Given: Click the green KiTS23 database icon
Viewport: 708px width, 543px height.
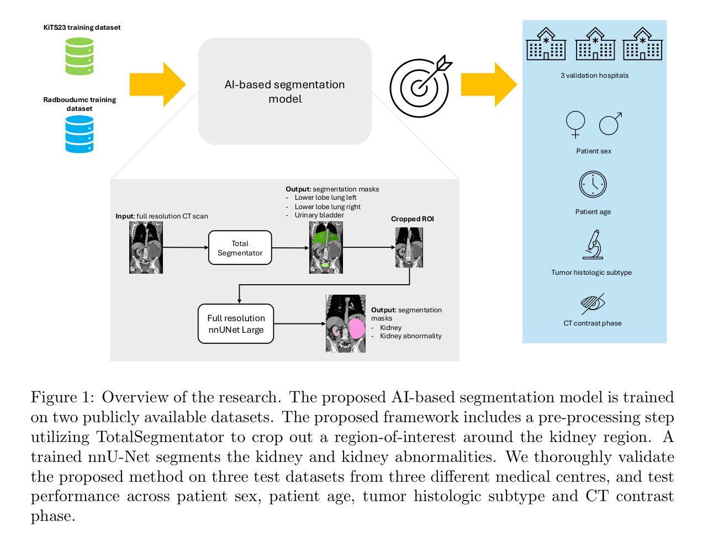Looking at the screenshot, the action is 79,56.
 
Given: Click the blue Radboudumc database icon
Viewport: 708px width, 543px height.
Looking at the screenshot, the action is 79,134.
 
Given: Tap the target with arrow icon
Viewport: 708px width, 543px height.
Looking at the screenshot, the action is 420,86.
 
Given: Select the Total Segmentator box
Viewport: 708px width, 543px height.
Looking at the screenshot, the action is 240,248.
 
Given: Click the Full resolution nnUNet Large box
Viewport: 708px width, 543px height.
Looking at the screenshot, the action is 236,323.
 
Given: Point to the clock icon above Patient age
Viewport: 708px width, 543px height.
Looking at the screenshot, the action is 593,184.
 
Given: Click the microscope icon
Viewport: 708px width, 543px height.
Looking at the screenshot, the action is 593,244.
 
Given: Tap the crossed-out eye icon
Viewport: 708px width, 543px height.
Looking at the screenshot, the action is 593,304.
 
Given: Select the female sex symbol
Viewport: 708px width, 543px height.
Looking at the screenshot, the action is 575,125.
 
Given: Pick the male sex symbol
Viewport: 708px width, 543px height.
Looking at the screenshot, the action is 610,124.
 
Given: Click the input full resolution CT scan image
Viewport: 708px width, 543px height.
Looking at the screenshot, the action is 146,247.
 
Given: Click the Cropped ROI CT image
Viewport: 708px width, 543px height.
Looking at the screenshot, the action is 409,247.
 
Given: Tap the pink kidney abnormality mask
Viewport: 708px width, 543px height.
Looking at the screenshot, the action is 356,329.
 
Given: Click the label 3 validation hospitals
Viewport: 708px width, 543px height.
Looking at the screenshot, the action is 595,76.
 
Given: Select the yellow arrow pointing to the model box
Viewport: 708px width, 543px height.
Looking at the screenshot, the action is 158,84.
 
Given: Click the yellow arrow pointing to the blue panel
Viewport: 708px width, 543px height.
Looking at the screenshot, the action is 489,84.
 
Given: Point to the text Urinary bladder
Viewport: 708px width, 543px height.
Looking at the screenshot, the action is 319,215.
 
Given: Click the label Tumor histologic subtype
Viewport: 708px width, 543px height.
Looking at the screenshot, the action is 591,273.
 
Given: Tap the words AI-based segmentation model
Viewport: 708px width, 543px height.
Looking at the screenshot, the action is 284,92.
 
